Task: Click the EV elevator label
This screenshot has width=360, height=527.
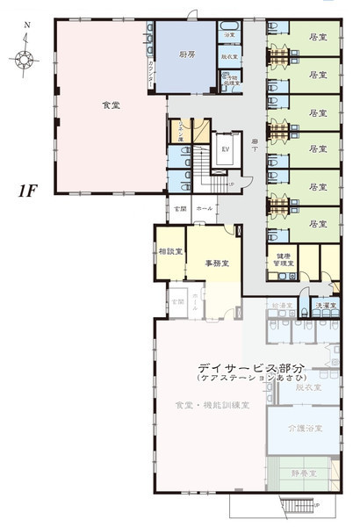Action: [225, 148]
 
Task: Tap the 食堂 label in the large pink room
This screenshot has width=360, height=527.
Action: [111, 105]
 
